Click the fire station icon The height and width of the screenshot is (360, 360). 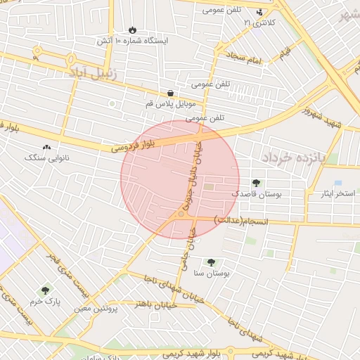click(132, 30)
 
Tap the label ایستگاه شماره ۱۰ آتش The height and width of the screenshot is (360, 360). click(133, 41)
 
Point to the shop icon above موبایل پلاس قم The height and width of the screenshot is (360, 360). click(170, 93)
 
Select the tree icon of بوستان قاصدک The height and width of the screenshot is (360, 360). click(255, 183)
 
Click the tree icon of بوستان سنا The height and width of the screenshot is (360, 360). click(211, 262)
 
